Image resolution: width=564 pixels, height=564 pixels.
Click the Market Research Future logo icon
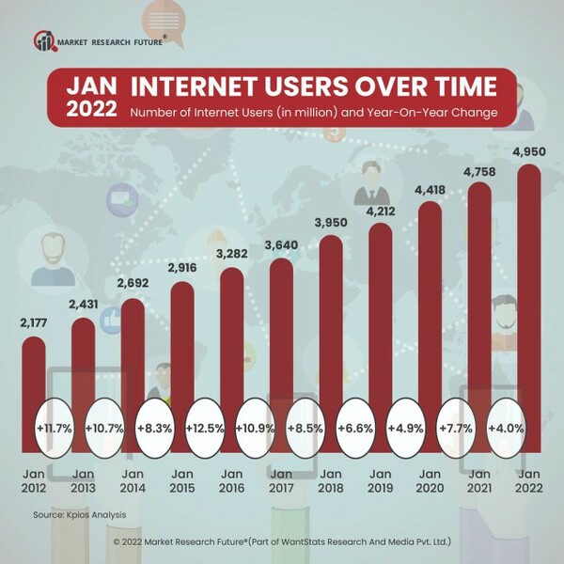click(44, 41)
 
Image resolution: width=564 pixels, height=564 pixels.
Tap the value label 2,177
click(34, 324)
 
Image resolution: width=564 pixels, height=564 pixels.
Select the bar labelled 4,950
click(529, 301)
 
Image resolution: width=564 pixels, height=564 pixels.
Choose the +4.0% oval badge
click(506, 427)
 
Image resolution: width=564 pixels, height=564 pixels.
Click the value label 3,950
click(332, 222)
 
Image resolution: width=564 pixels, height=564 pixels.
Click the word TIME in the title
click(457, 87)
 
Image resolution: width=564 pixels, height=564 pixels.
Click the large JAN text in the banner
click(91, 86)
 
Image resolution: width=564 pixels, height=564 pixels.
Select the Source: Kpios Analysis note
click(79, 515)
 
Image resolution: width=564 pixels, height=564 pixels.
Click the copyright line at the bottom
click(283, 542)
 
